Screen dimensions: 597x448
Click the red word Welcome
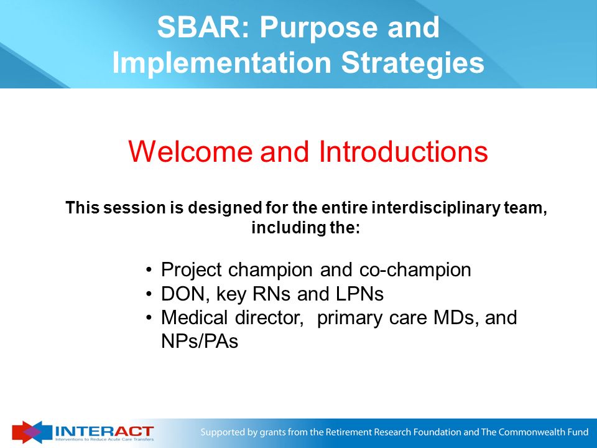coord(190,152)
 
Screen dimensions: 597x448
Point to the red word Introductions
coord(404,152)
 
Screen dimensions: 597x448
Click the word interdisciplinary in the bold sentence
coord(435,208)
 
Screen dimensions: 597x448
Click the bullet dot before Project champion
coord(149,271)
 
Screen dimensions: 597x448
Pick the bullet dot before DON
coord(149,294)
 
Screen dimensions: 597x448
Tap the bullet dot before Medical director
coord(149,318)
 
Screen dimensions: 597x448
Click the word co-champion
coord(415,270)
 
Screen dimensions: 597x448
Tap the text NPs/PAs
coord(200,342)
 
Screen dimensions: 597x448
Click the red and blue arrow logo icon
coord(32,432)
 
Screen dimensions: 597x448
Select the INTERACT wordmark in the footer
coord(104,431)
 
